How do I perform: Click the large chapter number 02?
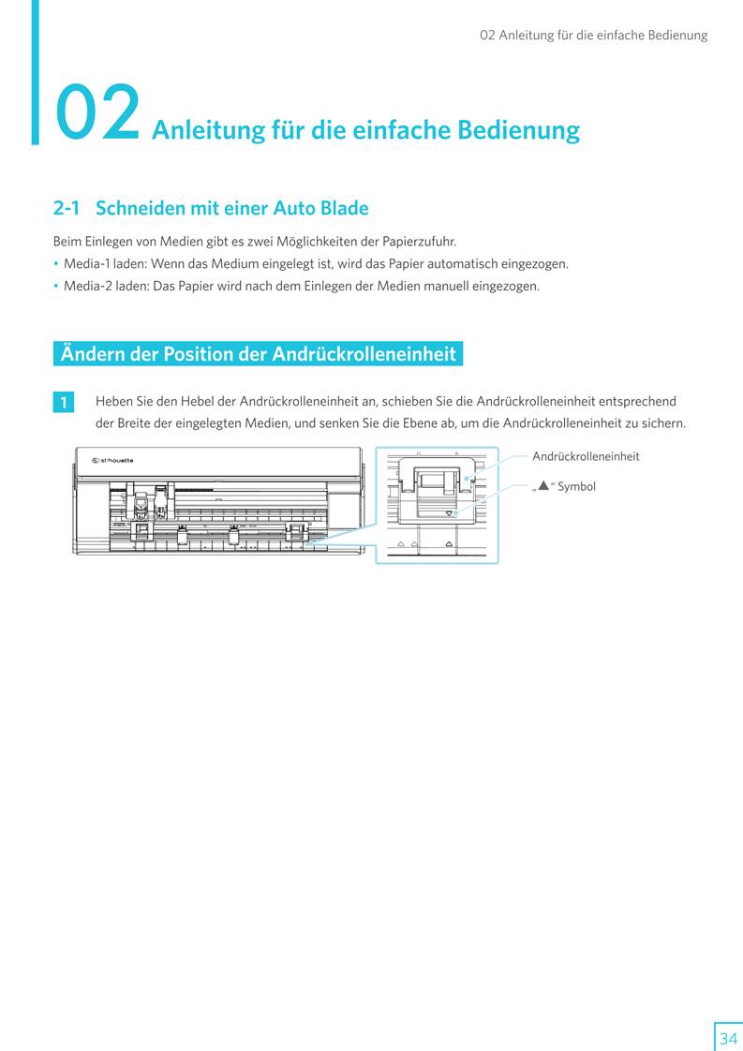click(x=97, y=114)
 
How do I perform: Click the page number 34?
click(x=728, y=1039)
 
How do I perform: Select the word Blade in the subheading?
click(x=343, y=208)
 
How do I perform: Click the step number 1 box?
click(x=64, y=403)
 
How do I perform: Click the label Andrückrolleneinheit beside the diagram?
click(x=586, y=456)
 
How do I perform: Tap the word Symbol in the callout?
click(x=576, y=486)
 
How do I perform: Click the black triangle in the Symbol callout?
click(x=542, y=485)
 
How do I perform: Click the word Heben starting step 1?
click(x=113, y=401)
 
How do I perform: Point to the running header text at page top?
click(x=593, y=36)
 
